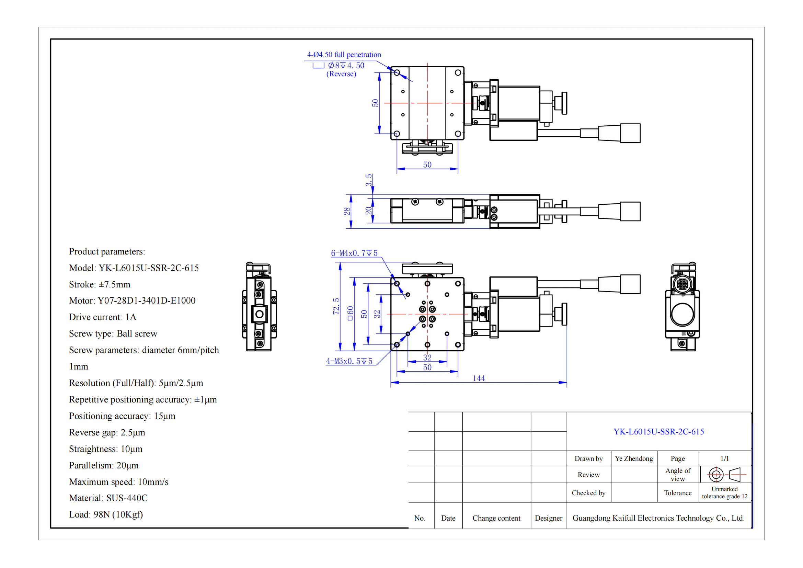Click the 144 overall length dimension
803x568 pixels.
(479, 378)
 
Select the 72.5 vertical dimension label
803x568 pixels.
(336, 306)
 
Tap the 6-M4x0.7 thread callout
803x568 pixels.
(354, 253)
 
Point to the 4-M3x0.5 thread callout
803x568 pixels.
(349, 361)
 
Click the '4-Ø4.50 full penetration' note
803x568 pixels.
(344, 55)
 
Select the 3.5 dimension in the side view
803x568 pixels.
(369, 180)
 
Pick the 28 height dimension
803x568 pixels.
(347, 211)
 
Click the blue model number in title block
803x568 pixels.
(658, 432)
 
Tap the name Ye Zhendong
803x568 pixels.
(634, 458)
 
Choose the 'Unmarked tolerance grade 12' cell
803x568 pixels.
(724, 492)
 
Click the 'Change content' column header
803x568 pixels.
(496, 518)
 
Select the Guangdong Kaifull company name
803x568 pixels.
(658, 518)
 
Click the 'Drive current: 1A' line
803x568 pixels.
(102, 317)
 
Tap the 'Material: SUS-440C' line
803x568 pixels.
(108, 498)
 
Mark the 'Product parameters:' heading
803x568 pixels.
(107, 251)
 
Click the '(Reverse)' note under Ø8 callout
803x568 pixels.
(341, 74)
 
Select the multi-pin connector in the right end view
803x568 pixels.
(682, 284)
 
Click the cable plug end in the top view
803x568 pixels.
(630, 133)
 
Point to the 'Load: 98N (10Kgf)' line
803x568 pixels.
(106, 514)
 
